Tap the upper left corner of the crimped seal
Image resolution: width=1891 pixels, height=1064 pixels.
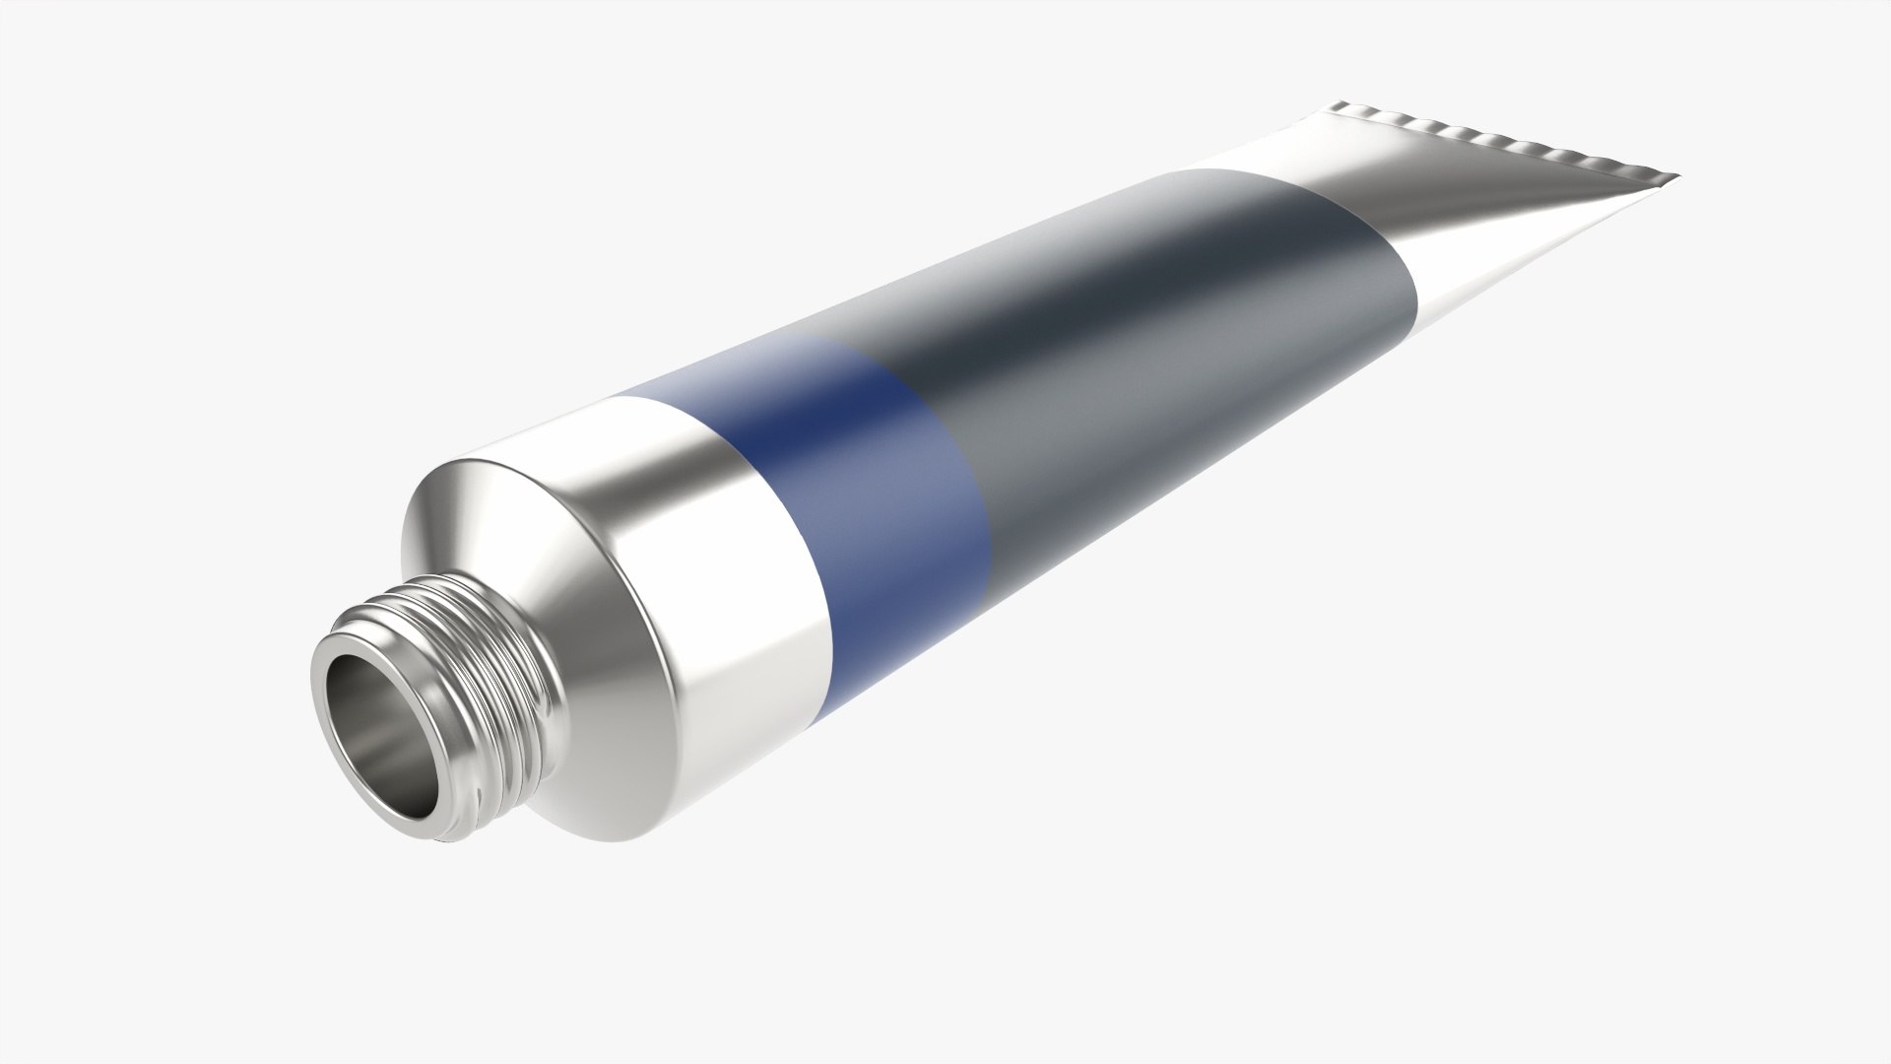[1339, 104]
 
